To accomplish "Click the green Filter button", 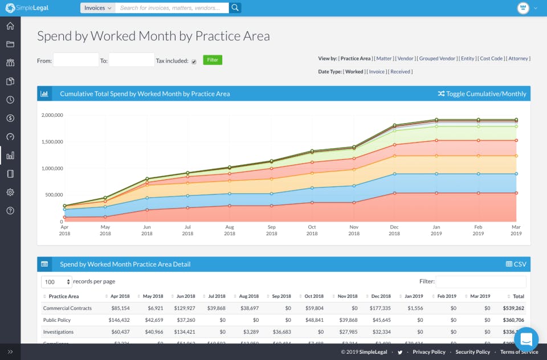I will point(213,60).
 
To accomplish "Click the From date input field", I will point(76,60).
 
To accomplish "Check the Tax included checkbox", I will point(194,62).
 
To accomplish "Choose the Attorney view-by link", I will point(519,59).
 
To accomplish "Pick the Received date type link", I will point(401,72).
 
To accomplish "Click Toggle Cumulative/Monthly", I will point(482,93).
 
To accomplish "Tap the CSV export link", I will point(516,264).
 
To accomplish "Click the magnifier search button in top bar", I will point(235,8).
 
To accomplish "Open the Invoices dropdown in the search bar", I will point(97,8).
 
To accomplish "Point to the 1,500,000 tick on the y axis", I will point(52,142).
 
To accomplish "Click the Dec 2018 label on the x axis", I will point(394,230).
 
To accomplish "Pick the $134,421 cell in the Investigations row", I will point(183,332).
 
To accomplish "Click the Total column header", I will point(518,296).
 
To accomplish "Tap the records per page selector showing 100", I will point(56,282).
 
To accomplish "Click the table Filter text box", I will point(481,281).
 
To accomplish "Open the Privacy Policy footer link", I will point(429,352).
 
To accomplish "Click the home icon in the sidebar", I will point(10,26).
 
